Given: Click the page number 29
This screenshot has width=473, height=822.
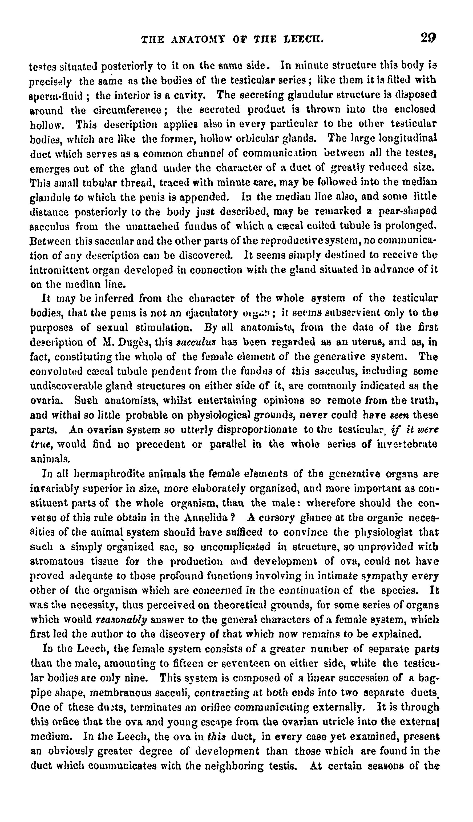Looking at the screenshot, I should click(428, 38).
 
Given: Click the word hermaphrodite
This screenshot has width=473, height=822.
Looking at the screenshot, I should click(106, 474).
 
